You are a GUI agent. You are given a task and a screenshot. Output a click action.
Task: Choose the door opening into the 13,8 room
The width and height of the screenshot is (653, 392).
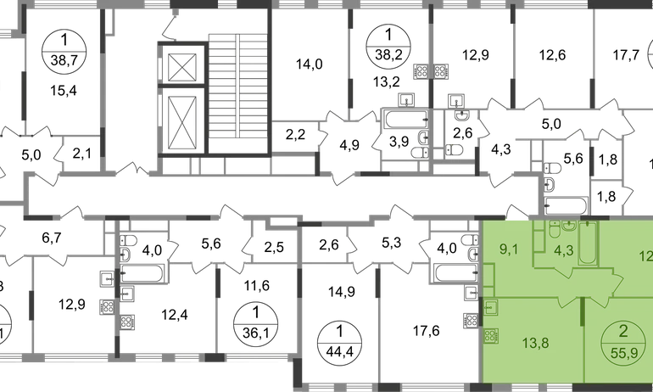click(566, 304)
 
